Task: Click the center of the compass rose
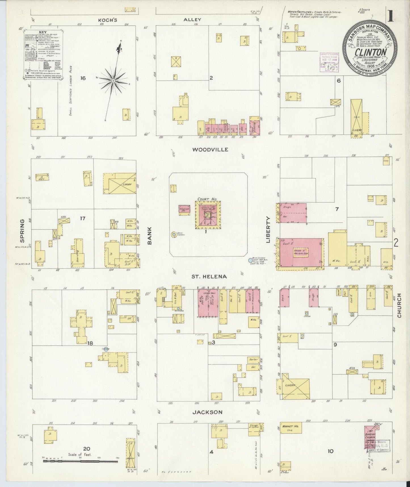coord(113,81)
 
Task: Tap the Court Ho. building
coord(208,215)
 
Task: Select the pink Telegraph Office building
coord(184,210)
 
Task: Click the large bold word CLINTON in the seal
coord(371,52)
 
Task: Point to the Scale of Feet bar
coord(80,461)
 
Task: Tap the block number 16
coord(83,78)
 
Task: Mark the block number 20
coord(87,449)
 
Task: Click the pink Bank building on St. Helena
coord(284,298)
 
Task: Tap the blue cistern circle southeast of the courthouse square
coord(250,260)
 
